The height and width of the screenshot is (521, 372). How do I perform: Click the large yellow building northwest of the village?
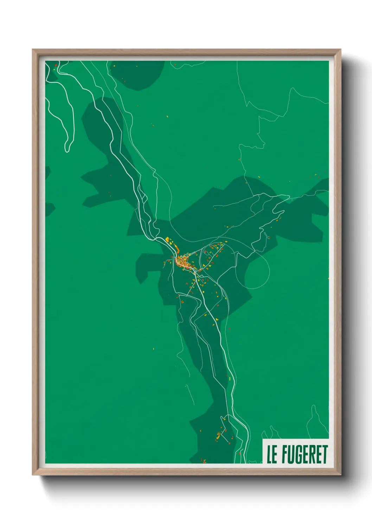click(x=168, y=240)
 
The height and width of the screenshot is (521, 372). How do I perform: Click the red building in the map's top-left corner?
click(x=56, y=65)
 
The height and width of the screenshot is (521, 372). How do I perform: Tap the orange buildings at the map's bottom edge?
click(x=203, y=460)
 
